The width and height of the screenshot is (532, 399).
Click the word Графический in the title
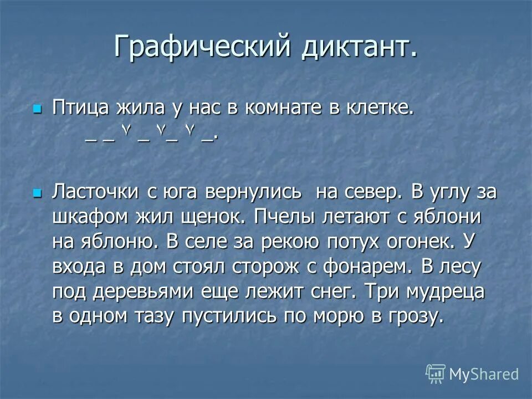(202, 47)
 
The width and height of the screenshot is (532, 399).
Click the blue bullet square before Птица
(38, 108)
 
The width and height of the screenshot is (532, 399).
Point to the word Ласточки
(95, 192)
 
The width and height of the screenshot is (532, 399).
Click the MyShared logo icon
(436, 374)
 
